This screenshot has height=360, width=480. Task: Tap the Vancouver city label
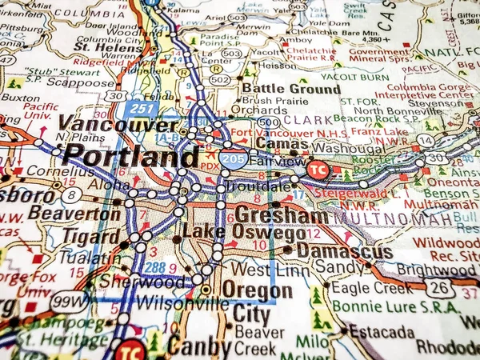point(118,126)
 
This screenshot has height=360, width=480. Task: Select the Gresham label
point(281,216)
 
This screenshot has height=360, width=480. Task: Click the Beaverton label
point(74,214)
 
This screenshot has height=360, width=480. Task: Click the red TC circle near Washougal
point(318,170)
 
